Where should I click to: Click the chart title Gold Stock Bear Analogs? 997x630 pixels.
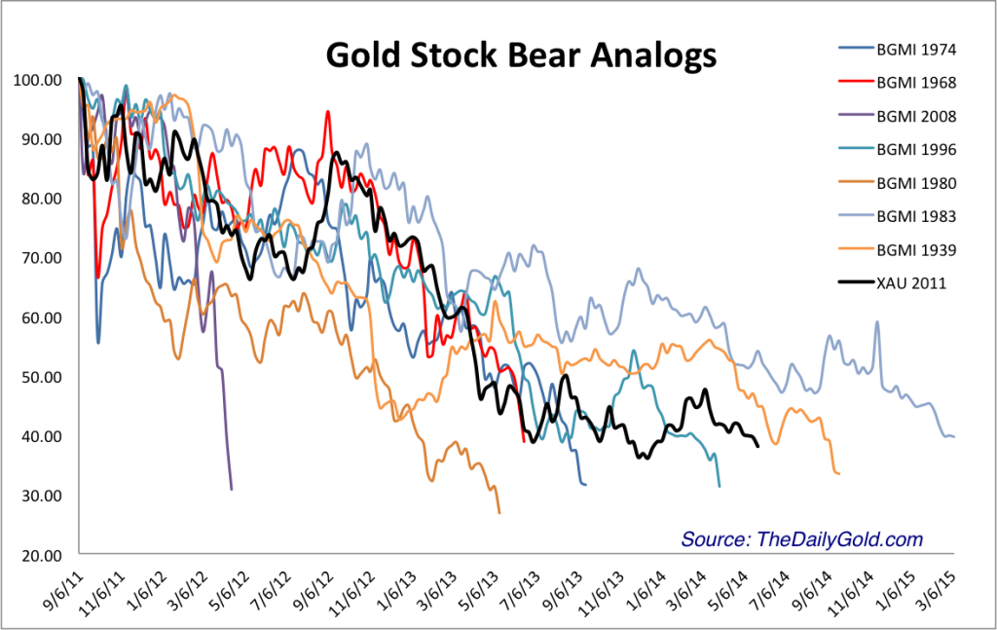click(x=521, y=56)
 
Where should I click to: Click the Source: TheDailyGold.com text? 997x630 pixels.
click(x=801, y=539)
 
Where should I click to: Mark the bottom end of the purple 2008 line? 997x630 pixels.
click(x=231, y=489)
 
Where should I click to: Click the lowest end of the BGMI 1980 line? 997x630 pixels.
click(x=499, y=512)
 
